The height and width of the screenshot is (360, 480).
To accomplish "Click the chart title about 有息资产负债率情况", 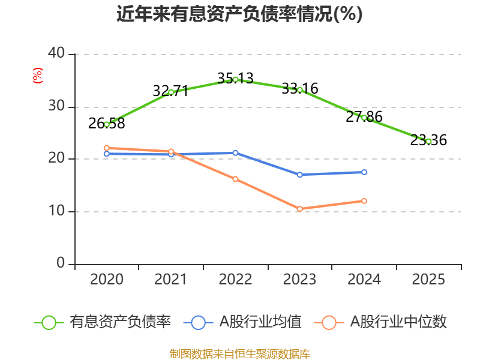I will click(239, 14).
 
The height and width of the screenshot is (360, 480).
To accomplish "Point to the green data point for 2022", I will click(235, 79).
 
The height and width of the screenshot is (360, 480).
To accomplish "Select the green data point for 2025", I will click(428, 141).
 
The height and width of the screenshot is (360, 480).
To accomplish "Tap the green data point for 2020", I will click(107, 124).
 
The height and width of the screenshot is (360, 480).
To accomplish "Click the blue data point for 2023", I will click(299, 175).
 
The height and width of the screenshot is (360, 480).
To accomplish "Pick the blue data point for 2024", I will click(364, 172).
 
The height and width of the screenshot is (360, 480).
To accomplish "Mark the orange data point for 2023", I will click(299, 209).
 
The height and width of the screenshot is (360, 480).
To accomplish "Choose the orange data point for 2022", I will click(235, 179).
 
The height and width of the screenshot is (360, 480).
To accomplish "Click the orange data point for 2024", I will click(364, 200).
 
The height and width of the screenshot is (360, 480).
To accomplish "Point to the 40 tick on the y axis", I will click(56, 53).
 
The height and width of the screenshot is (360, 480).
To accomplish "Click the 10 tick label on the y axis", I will click(56, 211).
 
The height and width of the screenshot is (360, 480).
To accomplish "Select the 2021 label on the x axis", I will click(170, 280).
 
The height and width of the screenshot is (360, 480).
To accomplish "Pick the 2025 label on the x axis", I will click(428, 280).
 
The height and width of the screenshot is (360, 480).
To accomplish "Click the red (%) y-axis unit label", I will click(37, 76).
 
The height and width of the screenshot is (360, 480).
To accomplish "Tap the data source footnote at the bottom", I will click(239, 353).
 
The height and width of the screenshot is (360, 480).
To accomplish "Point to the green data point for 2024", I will click(364, 118).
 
